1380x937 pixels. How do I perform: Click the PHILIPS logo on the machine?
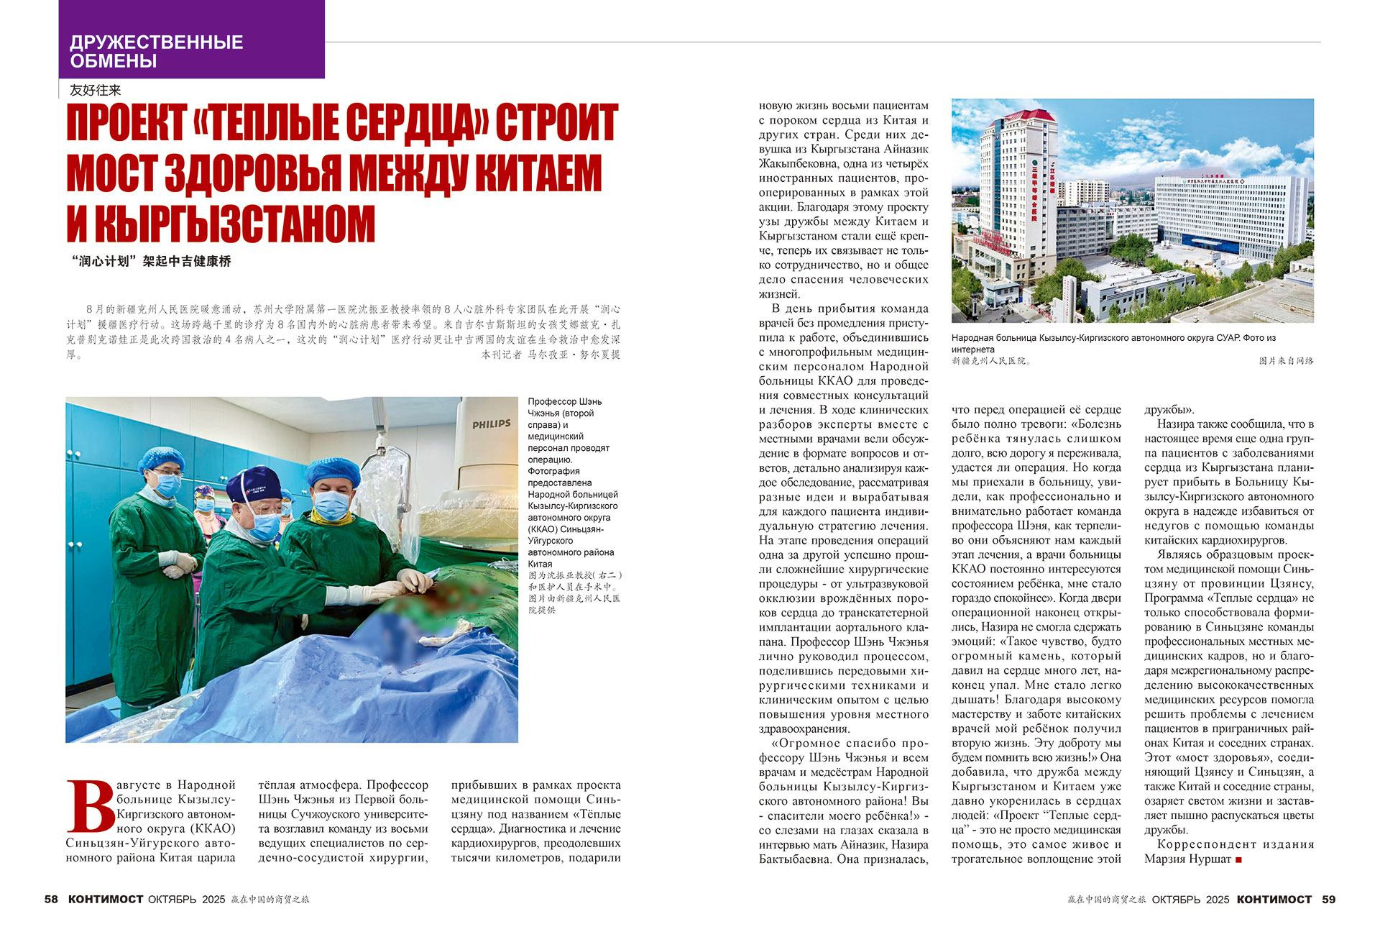pos(491,424)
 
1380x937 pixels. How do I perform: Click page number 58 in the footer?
pos(51,899)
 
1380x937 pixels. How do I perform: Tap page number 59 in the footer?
pos(1328,899)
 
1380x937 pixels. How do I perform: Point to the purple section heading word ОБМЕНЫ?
pos(113,61)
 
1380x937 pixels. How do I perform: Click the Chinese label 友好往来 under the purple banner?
pos(95,91)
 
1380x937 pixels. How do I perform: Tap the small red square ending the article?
pos(1238,859)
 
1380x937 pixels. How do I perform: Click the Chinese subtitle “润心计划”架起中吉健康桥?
pos(152,262)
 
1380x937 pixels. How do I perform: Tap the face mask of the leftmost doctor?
pos(167,484)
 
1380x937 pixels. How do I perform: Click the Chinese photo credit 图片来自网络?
pos(1286,361)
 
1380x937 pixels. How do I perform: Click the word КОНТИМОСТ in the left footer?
pos(106,899)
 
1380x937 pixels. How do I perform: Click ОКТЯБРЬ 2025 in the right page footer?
pos(1190,899)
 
